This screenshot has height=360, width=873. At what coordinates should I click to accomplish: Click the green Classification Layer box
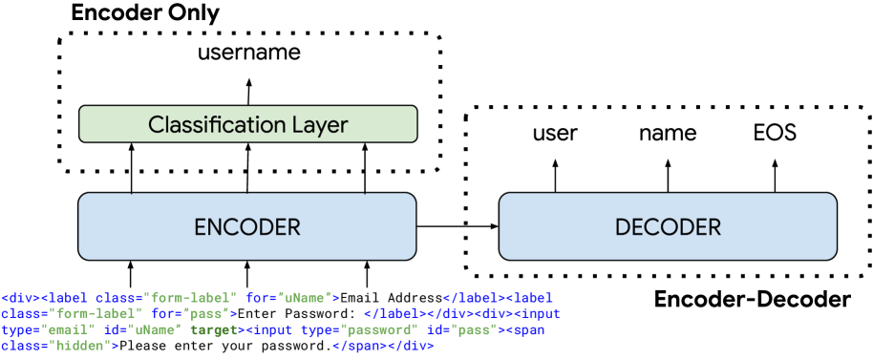(247, 124)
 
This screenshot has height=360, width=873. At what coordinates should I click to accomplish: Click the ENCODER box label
(246, 226)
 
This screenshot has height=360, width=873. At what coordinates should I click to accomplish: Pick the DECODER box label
(668, 226)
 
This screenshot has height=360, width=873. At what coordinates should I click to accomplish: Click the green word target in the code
(216, 329)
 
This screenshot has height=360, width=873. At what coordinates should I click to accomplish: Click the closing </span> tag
(360, 345)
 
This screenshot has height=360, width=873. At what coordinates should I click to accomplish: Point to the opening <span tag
(525, 329)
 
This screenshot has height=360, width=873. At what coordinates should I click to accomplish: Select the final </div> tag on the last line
(412, 345)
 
